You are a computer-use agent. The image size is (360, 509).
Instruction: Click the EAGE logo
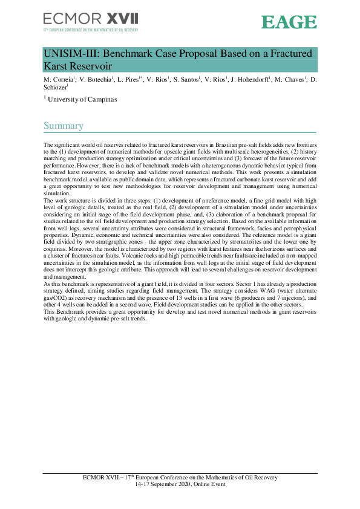pyautogui.click(x=289, y=22)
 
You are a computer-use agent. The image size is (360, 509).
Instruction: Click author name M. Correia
pyautogui.click(x=59, y=80)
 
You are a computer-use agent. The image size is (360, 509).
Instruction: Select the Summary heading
pyautogui.click(x=63, y=126)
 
